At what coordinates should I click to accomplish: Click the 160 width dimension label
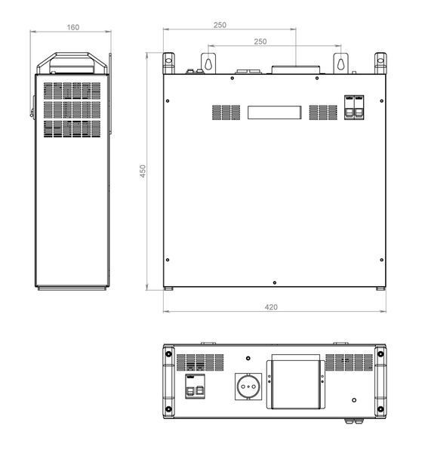72,27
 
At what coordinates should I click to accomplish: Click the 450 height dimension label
143,171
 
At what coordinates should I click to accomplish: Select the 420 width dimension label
271,307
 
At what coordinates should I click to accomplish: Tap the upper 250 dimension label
220,25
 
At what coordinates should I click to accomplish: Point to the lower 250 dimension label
260,42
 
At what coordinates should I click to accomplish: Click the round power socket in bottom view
248,387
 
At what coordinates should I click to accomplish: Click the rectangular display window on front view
275,112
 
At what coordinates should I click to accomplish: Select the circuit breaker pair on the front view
354,107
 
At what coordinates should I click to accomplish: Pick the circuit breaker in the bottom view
195,387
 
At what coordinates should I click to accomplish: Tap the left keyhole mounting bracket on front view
208,63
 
